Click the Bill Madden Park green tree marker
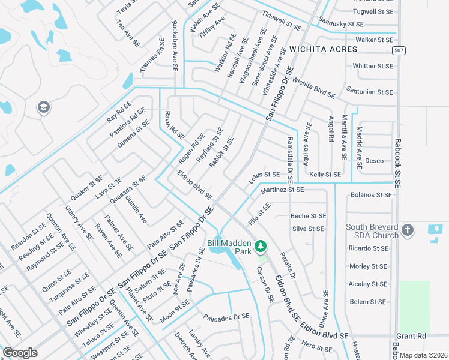point(261,245)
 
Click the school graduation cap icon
point(43,108)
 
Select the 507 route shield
point(397,50)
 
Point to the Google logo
point(20,353)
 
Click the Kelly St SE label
point(325,175)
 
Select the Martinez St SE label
point(282,190)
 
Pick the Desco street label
point(375,161)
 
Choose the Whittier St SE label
point(372,65)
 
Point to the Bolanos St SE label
point(371,195)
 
